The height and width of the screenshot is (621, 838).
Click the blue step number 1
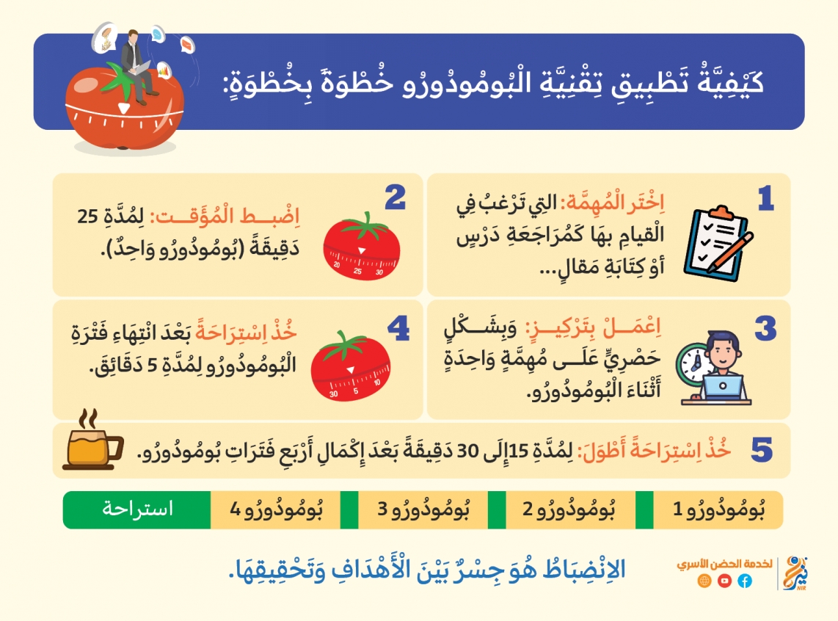pyautogui.click(x=766, y=198)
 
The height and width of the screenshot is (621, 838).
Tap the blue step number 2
pyautogui.click(x=395, y=197)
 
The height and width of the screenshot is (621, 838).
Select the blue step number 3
pyautogui.click(x=765, y=328)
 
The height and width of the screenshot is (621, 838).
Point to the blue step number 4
pyautogui.click(x=398, y=328)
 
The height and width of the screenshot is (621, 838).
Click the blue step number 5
pyautogui.click(x=762, y=449)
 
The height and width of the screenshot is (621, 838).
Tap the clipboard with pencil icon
pyautogui.click(x=718, y=243)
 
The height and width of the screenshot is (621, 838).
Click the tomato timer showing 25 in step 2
pyautogui.click(x=362, y=247)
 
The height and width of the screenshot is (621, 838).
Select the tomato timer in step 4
pyautogui.click(x=351, y=366)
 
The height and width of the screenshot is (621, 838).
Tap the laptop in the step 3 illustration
pyautogui.click(x=722, y=388)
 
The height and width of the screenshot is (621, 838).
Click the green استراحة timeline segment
pyautogui.click(x=137, y=510)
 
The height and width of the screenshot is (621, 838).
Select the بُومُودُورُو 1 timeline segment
pyautogui.click(x=718, y=510)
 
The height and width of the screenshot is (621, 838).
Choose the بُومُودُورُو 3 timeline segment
pyautogui.click(x=423, y=510)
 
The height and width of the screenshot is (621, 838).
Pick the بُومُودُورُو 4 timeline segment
pyautogui.click(x=276, y=510)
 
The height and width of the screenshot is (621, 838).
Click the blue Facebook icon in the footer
pyautogui.click(x=745, y=581)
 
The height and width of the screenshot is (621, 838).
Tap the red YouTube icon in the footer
pyautogui.click(x=725, y=581)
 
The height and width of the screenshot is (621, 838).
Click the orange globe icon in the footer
pyautogui.click(x=704, y=581)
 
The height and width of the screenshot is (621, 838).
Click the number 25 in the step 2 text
pyautogui.click(x=87, y=217)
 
